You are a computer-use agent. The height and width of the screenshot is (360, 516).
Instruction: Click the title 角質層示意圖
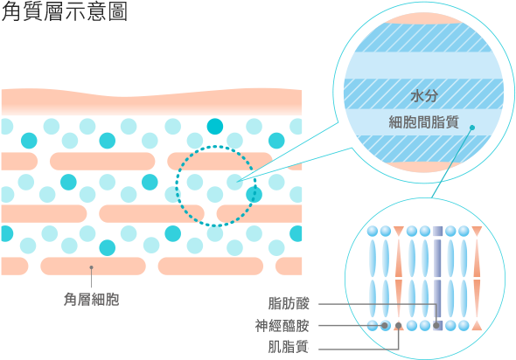tap(64, 12)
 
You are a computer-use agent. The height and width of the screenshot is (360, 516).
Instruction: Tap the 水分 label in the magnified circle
tap(424, 96)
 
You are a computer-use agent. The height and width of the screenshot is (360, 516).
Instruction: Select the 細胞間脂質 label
tap(424, 122)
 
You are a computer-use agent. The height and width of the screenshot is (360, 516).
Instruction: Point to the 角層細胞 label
tap(91, 300)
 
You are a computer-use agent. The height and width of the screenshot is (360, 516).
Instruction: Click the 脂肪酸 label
tap(289, 303)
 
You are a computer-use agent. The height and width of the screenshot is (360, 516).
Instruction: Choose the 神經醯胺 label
tap(282, 325)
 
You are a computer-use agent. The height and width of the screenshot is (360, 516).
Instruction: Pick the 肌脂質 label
tap(289, 347)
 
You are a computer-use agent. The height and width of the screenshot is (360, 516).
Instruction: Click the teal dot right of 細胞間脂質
tap(472, 128)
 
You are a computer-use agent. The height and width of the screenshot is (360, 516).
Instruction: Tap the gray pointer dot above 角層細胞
tap(92, 267)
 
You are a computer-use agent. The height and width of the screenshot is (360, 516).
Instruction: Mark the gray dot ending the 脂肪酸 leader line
tap(436, 325)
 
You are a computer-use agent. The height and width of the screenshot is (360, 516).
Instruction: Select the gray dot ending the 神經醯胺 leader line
tap(384, 325)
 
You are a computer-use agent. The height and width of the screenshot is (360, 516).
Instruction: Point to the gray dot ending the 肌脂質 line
tap(399, 326)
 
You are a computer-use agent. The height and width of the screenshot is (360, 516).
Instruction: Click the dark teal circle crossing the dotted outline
tap(254, 194)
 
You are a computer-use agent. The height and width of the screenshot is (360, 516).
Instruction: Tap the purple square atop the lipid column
tap(437, 232)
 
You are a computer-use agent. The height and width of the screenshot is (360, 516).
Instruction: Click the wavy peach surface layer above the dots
tap(151, 101)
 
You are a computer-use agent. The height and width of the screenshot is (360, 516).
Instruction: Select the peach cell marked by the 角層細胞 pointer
tap(93, 266)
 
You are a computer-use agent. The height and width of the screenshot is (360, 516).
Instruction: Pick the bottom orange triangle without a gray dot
tap(477, 326)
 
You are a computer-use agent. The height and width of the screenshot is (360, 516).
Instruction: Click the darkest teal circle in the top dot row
tap(215, 127)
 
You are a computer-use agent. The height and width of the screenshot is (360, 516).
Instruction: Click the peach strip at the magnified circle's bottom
tap(422, 167)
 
